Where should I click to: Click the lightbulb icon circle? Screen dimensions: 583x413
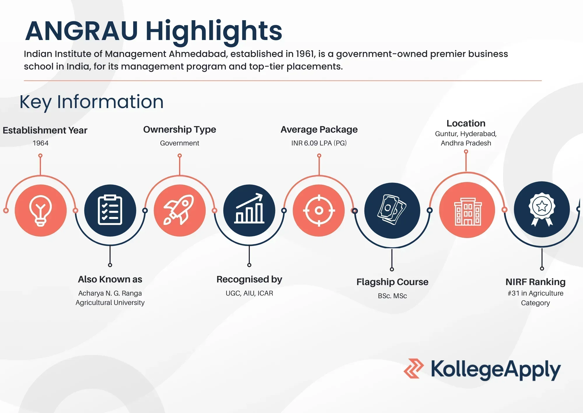pos(41,210)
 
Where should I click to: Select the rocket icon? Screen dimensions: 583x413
pos(179,210)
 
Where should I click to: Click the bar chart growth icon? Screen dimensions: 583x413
pos(249,209)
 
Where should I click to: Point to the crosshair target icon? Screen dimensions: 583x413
pos(319,210)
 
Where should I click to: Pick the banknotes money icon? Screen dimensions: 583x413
pos(392,209)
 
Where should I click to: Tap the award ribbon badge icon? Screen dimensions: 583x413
pos(542,209)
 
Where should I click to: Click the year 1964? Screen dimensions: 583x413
pos(41,143)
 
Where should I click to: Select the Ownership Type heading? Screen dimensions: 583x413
pos(180,129)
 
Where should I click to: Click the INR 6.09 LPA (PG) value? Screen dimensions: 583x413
pos(319,143)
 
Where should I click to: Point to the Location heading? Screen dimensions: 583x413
pos(466,123)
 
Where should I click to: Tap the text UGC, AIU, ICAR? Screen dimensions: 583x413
pos(249,293)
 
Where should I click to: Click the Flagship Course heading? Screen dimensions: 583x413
pos(392,282)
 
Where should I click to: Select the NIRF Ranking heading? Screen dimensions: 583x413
pos(535,282)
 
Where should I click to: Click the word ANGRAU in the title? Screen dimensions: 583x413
pos(81,31)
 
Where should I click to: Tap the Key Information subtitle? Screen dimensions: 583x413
pos(92,102)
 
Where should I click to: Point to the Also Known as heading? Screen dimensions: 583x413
pos(110,279)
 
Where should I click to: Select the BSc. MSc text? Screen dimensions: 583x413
pos(392,296)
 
